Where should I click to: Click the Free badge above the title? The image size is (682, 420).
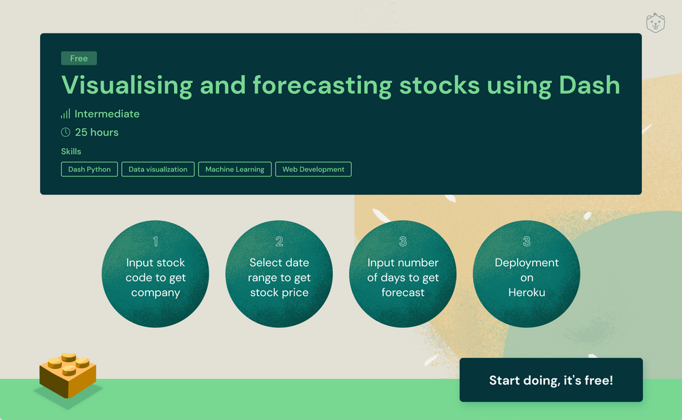[79, 59]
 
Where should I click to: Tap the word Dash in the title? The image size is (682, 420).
[589, 85]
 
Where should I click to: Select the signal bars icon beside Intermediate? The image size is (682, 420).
[65, 114]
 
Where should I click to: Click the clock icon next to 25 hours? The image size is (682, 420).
[65, 132]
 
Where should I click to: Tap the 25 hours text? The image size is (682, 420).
[96, 132]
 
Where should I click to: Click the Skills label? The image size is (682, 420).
[71, 151]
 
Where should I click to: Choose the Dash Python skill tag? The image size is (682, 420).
[89, 169]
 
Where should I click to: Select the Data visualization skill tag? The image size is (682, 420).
[158, 169]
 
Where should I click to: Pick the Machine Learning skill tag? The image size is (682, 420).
[235, 169]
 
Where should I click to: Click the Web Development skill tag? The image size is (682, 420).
[313, 169]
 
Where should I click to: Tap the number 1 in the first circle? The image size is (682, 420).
[155, 241]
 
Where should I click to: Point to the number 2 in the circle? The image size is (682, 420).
[279, 241]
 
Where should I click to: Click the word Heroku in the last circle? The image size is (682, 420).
[526, 292]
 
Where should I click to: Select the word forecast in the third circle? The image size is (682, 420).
[402, 292]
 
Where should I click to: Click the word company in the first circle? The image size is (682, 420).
[155, 292]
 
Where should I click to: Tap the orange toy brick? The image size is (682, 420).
[68, 375]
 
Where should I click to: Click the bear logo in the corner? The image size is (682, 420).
[655, 23]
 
